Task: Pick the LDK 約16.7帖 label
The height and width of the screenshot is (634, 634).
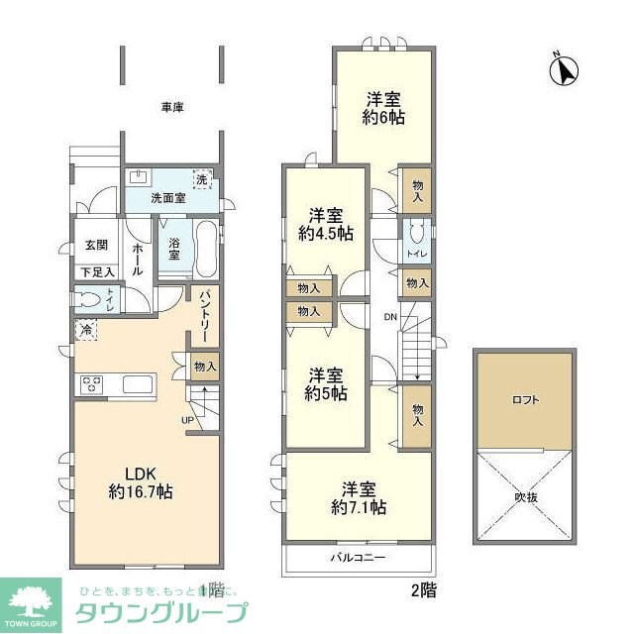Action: [x=141, y=481]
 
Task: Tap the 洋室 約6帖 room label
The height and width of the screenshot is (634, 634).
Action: [x=383, y=107]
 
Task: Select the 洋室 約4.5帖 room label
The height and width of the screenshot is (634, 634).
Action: [x=325, y=224]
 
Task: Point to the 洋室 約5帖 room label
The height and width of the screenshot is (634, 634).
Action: [x=325, y=383]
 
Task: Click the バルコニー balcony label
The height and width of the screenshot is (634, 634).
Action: [x=358, y=559]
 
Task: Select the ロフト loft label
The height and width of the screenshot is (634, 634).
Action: [x=525, y=400]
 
